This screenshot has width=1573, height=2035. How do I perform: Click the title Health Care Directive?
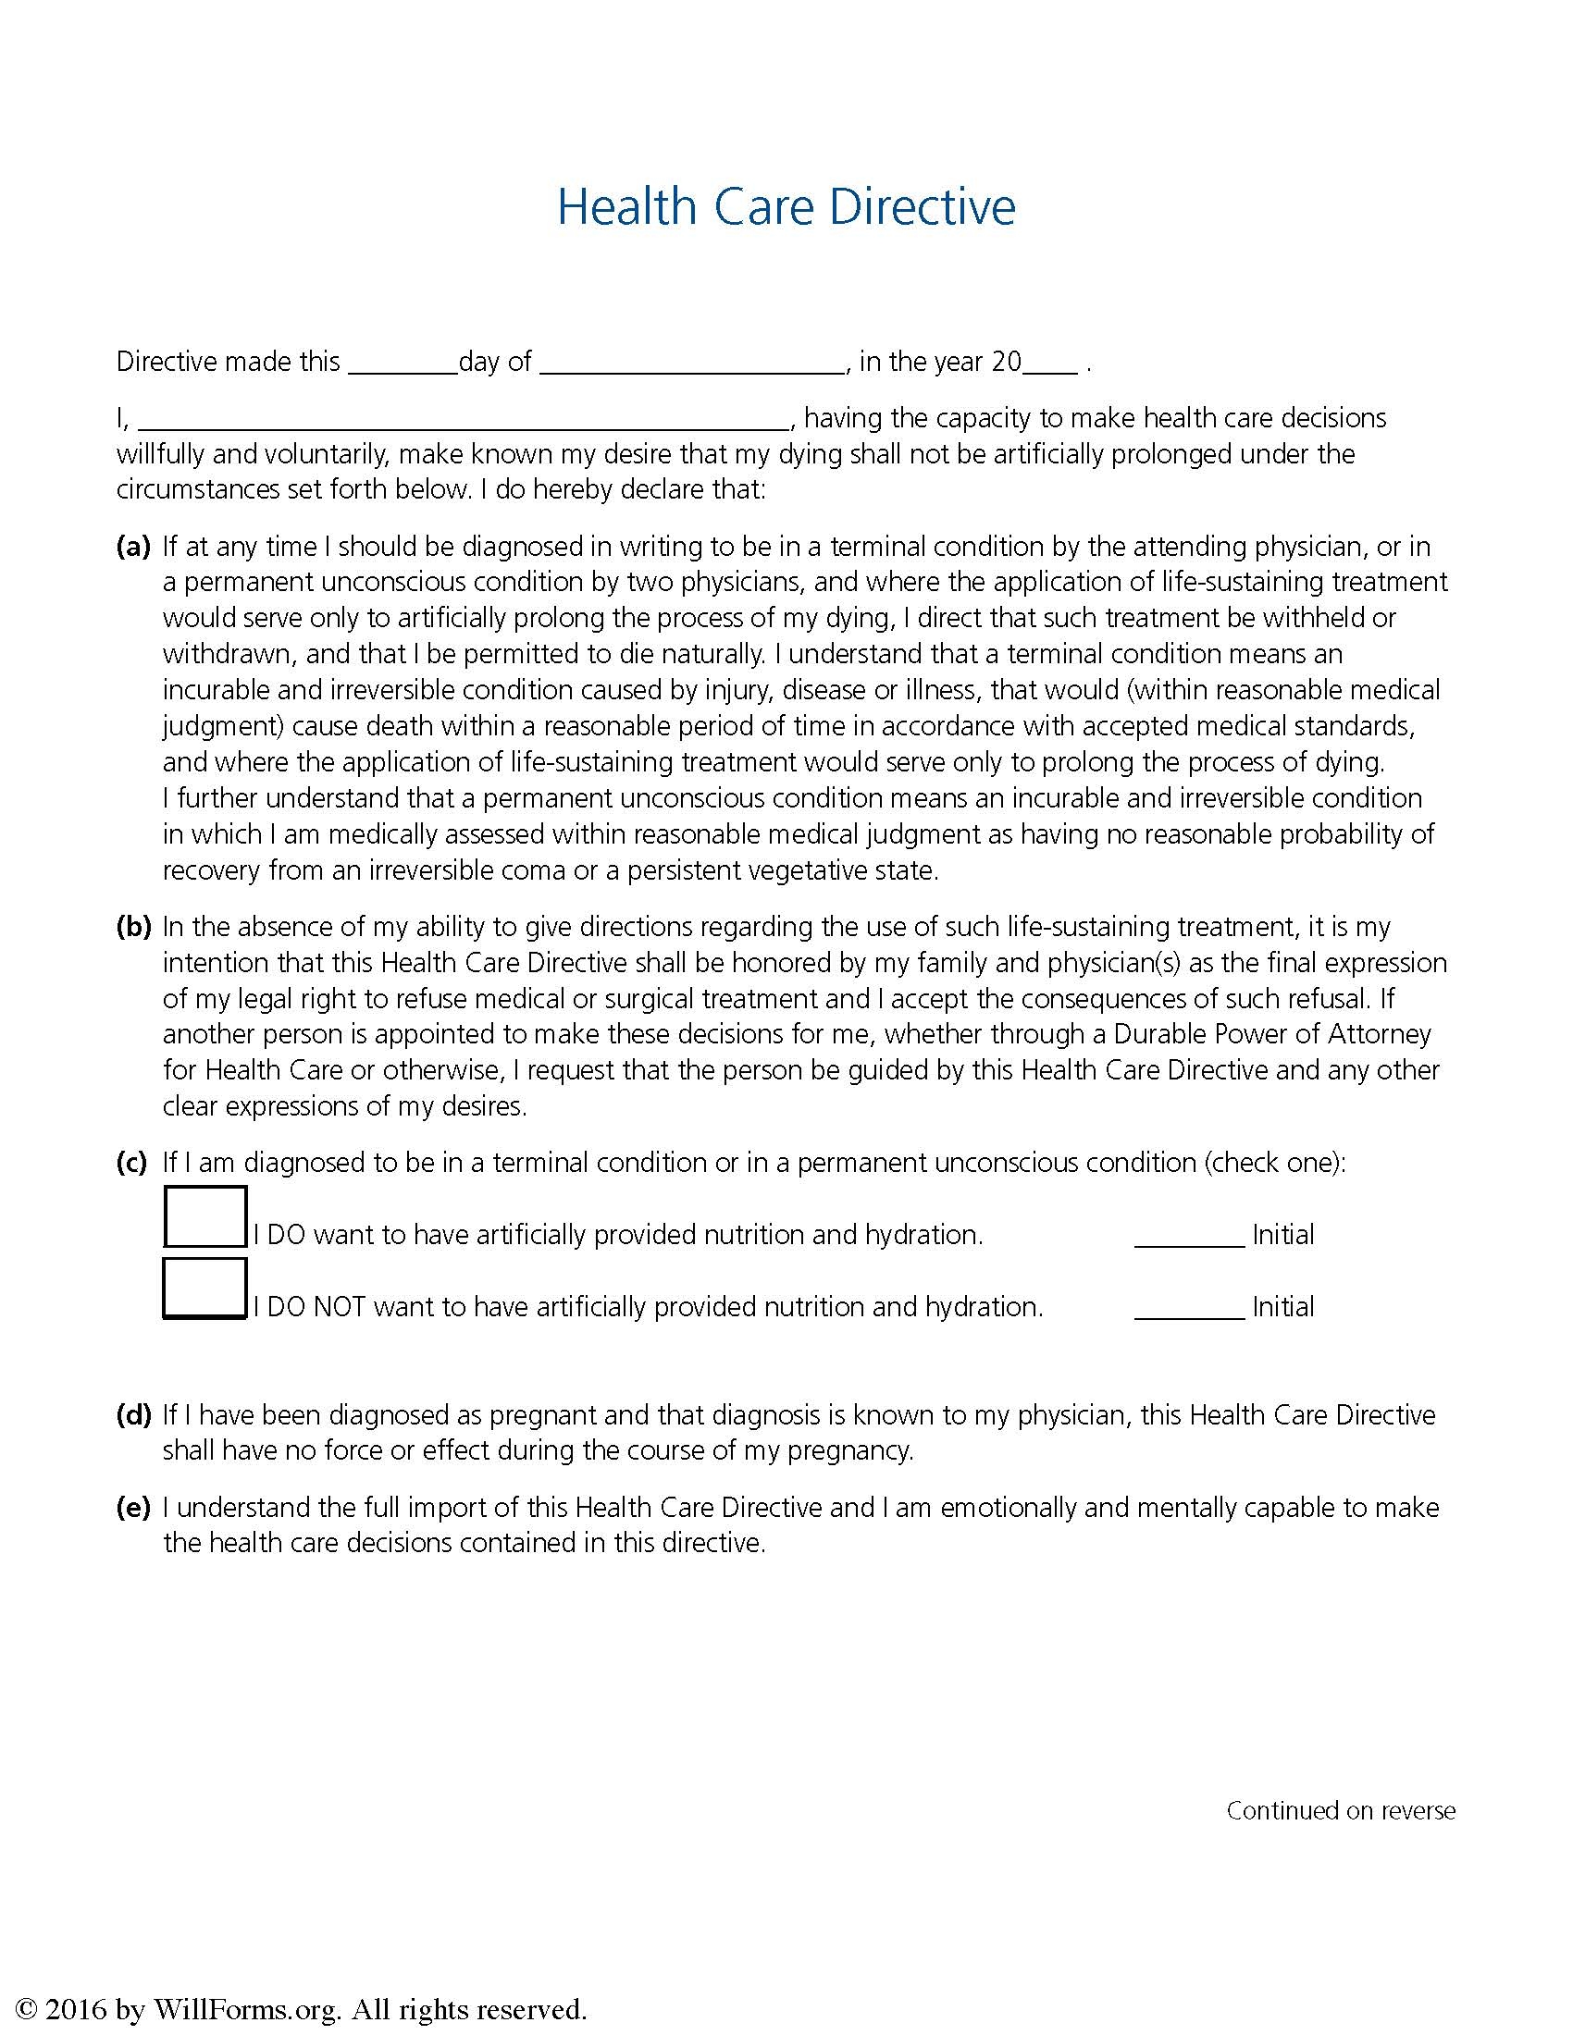786,207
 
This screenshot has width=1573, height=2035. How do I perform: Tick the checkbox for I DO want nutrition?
205,1216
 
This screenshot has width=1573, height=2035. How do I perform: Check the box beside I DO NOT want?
205,1288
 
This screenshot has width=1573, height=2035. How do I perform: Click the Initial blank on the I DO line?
1189,1237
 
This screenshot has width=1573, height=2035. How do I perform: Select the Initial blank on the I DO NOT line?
1189,1308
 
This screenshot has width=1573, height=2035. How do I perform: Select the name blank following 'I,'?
464,420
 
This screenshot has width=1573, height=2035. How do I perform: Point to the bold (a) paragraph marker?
133,547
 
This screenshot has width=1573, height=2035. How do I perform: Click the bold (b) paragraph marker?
133,927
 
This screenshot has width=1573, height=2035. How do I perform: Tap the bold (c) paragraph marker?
132,1163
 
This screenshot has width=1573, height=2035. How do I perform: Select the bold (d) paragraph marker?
133,1415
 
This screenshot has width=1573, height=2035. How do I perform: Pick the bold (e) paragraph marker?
133,1508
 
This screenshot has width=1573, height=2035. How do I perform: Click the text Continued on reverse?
1340,1811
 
